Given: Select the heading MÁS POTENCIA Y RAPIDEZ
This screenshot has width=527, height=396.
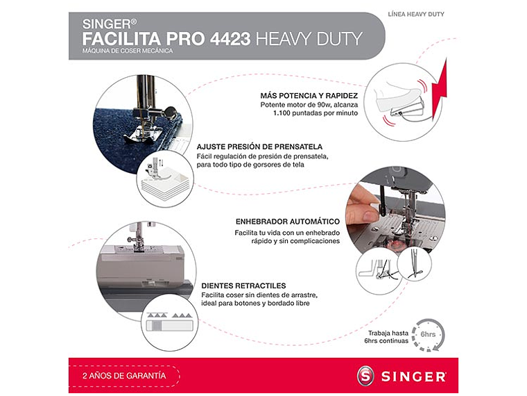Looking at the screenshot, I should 309,95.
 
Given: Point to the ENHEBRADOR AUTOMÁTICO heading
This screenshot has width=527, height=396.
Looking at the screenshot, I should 288,222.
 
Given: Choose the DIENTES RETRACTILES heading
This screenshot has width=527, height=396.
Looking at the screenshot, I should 243,286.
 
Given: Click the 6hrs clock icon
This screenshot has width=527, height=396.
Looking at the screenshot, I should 427,336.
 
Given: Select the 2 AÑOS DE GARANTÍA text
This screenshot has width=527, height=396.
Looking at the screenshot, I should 124,375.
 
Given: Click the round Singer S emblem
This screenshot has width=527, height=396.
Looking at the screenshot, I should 365,376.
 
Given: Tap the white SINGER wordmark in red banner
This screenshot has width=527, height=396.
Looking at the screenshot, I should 413,377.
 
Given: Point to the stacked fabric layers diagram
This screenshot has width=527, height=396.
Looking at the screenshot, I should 164,182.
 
